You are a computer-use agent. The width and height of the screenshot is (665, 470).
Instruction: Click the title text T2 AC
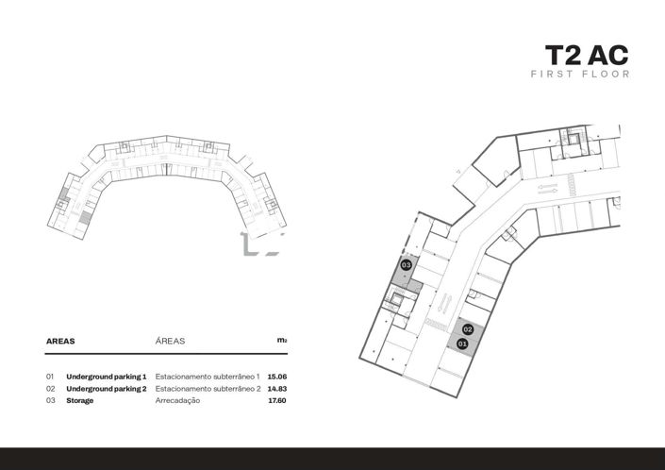coord(587,54)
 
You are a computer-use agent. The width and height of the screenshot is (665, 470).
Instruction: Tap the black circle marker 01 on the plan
coord(462,344)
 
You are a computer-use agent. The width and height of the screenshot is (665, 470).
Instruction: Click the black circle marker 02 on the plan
coord(468,329)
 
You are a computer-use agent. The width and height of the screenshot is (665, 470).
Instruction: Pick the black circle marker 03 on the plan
coord(406,265)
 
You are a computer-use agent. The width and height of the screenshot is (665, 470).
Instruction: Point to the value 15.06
coord(276,376)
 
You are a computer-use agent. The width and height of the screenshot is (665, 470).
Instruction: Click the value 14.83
coord(276,388)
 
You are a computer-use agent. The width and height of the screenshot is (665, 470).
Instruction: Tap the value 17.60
coord(276,400)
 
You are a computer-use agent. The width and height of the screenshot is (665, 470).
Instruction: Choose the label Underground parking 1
coord(106,376)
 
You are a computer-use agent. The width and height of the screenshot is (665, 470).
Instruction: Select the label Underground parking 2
coord(106,388)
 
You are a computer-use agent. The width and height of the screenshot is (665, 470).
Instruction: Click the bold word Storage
coord(79,400)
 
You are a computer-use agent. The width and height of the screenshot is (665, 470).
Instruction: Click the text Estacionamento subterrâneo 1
coord(207,376)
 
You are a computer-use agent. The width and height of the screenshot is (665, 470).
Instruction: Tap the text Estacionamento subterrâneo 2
coord(207,388)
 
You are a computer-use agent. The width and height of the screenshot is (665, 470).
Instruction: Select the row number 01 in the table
coord(50,376)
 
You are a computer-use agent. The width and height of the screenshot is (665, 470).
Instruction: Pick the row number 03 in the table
coord(50,400)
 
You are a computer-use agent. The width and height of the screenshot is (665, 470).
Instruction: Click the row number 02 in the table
coord(50,388)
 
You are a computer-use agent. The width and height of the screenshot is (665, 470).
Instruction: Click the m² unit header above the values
coord(281,340)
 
